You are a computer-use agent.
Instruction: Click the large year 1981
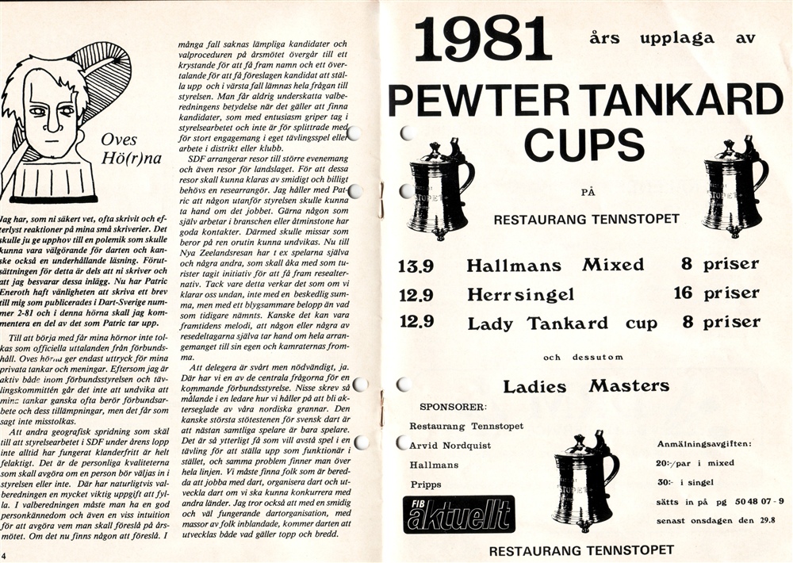click(483, 40)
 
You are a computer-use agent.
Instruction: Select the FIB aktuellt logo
click(458, 514)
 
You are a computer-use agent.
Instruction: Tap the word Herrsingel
click(520, 294)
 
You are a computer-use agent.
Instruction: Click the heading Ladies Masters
click(585, 387)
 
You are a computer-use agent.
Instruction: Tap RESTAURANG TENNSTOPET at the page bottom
click(581, 549)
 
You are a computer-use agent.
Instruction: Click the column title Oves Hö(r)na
click(130, 149)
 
